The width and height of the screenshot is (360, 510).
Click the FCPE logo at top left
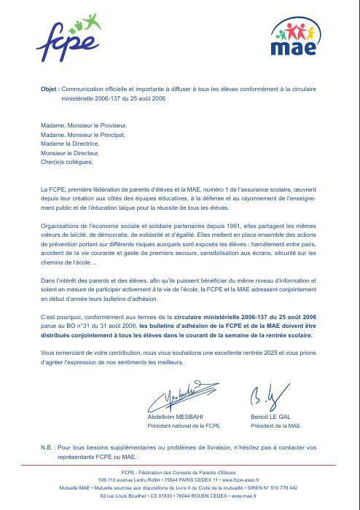click(68, 42)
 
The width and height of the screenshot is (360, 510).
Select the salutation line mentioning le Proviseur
click(83, 125)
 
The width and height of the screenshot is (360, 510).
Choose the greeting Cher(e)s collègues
click(67, 162)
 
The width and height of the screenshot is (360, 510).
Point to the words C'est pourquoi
click(62, 318)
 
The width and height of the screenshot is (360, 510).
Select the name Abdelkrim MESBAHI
click(177, 417)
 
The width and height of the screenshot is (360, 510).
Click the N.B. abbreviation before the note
click(48, 446)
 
